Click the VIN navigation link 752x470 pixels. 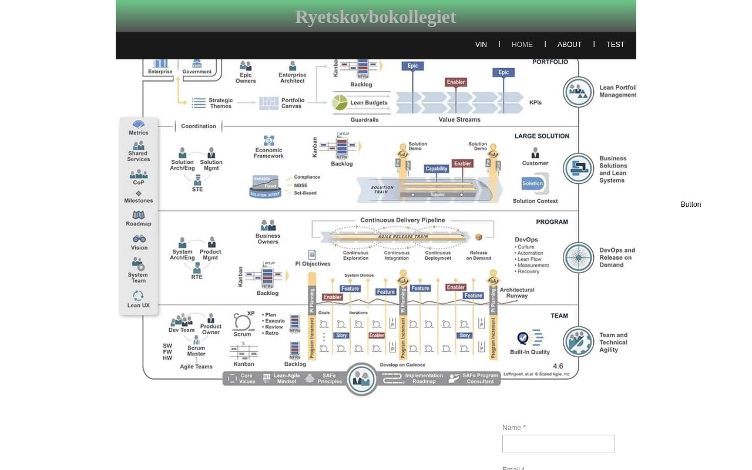(x=481, y=45)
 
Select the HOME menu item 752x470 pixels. (x=522, y=45)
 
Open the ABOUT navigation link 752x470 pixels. (x=569, y=45)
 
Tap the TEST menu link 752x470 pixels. (x=615, y=45)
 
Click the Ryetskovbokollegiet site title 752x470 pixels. (x=375, y=17)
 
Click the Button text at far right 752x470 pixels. (x=690, y=204)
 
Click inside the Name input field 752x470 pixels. (x=558, y=444)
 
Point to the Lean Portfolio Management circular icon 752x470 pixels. (x=579, y=92)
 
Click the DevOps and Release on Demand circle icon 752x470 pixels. (x=579, y=257)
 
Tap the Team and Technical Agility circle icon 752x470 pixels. (x=579, y=341)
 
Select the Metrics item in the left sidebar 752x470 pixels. (x=139, y=127)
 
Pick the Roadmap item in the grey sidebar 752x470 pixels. (x=139, y=219)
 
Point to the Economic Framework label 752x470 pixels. (x=268, y=152)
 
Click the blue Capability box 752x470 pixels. (x=437, y=169)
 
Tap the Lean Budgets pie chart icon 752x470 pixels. (x=340, y=102)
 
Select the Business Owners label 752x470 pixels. (x=268, y=238)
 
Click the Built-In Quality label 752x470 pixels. (x=530, y=351)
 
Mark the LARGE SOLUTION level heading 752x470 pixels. (x=542, y=136)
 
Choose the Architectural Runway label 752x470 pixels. (x=517, y=293)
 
